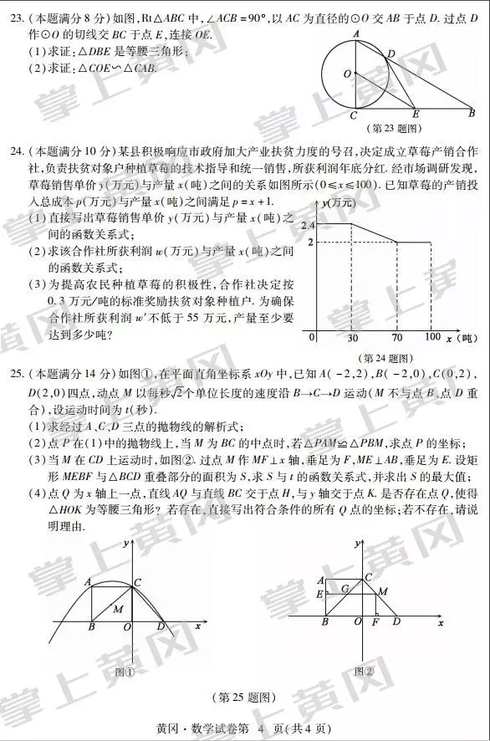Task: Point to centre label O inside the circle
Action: (346, 74)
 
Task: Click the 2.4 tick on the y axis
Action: (307, 226)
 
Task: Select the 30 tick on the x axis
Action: (352, 337)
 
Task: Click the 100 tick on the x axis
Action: (432, 337)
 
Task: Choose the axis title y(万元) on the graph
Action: (339, 203)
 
